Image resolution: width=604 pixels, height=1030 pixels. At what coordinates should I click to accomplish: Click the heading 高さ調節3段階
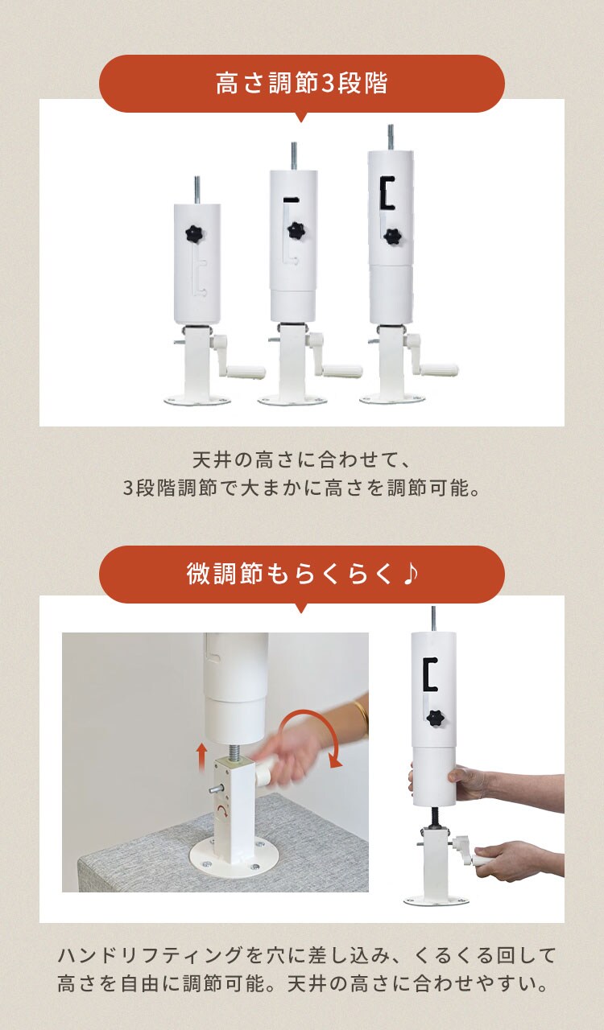(x=301, y=84)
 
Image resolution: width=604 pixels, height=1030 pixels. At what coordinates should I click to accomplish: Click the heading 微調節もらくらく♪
(x=301, y=575)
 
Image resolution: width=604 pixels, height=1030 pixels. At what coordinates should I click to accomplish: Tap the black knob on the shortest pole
(x=193, y=234)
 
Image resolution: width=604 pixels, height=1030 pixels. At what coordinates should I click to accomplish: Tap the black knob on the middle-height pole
(x=296, y=231)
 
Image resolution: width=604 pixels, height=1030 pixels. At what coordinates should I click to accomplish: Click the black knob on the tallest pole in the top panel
(x=392, y=236)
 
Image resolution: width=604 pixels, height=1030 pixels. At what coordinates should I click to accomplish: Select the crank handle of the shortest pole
(x=246, y=371)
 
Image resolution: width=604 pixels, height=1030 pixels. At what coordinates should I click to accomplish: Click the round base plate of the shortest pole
(x=197, y=399)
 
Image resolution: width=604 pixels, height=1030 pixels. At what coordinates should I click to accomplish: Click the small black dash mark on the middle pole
(x=292, y=199)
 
